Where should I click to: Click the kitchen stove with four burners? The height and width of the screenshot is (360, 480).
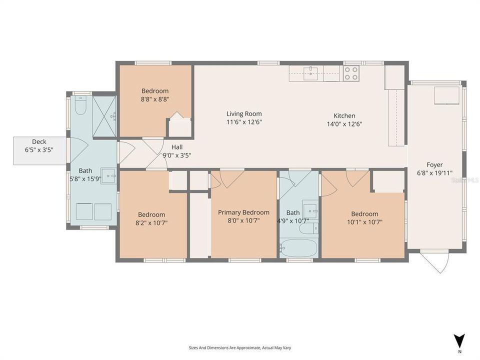[x=351, y=73]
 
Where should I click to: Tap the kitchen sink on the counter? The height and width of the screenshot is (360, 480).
[x=311, y=73]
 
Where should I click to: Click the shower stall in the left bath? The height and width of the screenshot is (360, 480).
[x=104, y=116]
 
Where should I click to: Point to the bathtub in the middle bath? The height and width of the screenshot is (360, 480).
[x=298, y=248]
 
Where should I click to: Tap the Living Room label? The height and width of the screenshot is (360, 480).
[x=244, y=113]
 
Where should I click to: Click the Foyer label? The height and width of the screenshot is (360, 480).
[x=434, y=164]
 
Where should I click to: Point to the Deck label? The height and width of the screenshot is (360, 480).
[x=39, y=141]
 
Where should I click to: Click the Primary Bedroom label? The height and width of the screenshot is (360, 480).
[x=243, y=212]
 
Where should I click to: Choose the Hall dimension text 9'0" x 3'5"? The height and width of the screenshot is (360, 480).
[x=177, y=155]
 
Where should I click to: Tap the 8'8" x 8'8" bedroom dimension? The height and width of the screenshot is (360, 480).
[x=155, y=99]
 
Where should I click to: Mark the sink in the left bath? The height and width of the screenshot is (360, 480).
[x=108, y=176]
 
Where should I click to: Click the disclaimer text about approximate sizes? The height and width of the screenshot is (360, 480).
[x=239, y=347]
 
